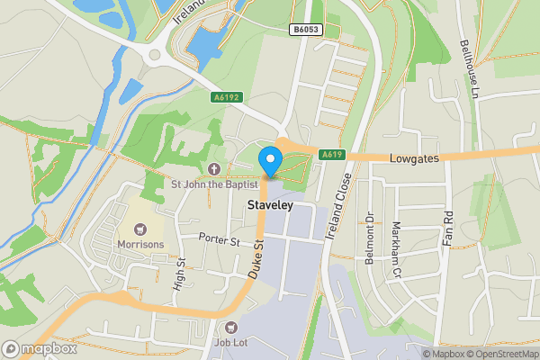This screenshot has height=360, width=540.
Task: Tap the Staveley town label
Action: click(268, 206)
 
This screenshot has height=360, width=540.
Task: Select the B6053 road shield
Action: click(304, 30)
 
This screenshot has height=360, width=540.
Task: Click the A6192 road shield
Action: click(226, 97)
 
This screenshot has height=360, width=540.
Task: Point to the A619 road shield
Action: click(332, 155)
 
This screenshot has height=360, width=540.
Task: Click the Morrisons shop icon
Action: click(139, 229)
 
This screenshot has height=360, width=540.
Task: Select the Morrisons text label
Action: click(139, 245)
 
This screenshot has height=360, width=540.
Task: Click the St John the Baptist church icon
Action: click(214, 168)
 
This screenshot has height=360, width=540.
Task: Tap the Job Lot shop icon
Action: click(232, 328)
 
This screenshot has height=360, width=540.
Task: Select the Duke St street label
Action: click(257, 256)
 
